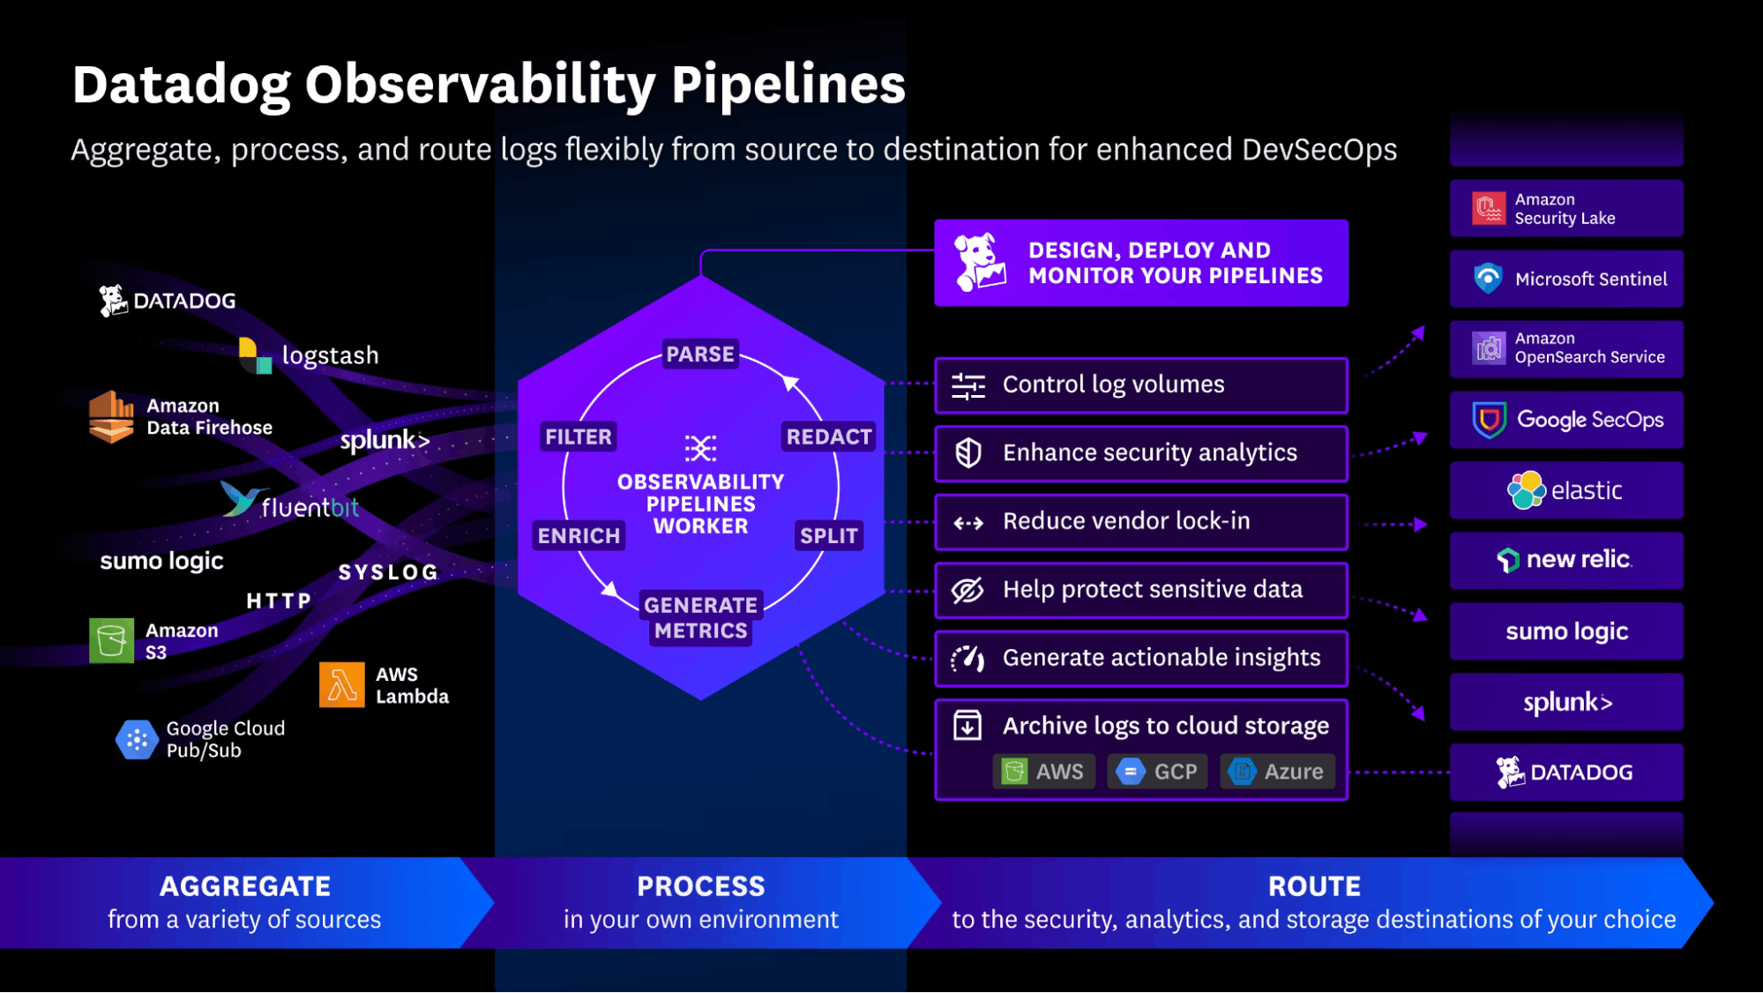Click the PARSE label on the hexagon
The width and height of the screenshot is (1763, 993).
(699, 354)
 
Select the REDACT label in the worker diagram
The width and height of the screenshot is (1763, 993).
(828, 437)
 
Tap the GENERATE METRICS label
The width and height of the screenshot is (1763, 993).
(700, 617)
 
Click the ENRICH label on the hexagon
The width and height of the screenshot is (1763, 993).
(579, 535)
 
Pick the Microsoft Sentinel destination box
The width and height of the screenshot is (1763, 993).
(1566, 279)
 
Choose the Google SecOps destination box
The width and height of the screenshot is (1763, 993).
(1566, 420)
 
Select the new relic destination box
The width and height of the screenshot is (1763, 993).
(1566, 560)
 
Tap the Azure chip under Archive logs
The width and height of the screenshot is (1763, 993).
(1278, 772)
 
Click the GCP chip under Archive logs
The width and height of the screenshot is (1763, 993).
(1157, 772)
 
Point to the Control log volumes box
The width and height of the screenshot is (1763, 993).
(1140, 385)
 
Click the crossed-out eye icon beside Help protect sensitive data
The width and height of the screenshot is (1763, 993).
(967, 590)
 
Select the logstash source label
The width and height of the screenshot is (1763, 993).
(329, 355)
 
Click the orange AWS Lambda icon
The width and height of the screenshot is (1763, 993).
(341, 684)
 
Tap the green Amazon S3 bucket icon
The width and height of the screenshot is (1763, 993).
(111, 640)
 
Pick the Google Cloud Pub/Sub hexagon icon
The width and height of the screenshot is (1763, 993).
(137, 740)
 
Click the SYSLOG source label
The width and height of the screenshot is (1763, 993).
(388, 572)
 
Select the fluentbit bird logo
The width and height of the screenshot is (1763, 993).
(240, 499)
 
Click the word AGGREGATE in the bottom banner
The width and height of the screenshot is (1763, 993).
(245, 886)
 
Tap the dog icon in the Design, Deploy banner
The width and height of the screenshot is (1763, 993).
(980, 263)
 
